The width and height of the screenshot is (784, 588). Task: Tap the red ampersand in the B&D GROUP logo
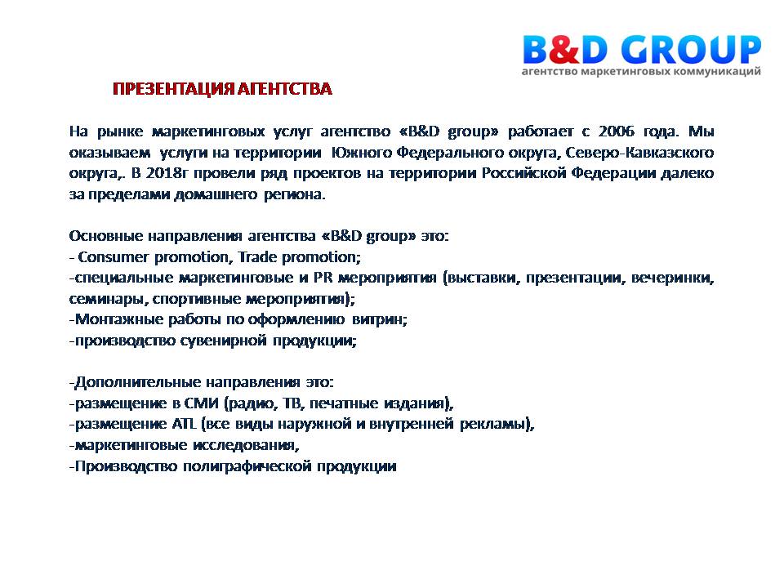click(x=563, y=50)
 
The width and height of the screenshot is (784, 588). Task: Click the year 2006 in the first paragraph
click(x=617, y=131)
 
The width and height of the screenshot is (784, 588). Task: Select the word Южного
click(x=361, y=152)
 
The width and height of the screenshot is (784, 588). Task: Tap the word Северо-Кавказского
click(x=639, y=152)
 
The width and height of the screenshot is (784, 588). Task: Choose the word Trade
click(x=257, y=257)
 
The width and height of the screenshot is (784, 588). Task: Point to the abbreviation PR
click(x=323, y=278)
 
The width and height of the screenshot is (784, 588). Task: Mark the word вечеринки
click(x=672, y=278)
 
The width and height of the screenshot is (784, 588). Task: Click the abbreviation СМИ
click(x=202, y=403)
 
